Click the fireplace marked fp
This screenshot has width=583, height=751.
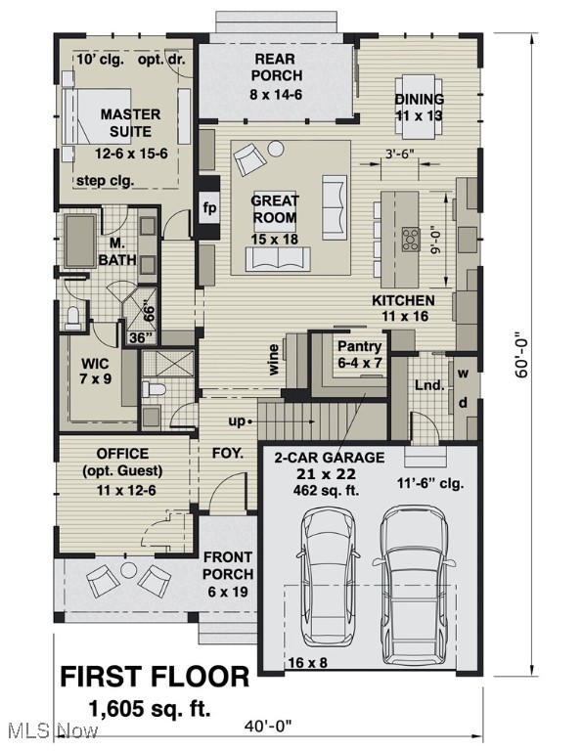pyautogui.click(x=209, y=208)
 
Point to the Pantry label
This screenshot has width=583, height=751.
pyautogui.click(x=360, y=346)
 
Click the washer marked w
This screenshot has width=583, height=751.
pyautogui.click(x=463, y=373)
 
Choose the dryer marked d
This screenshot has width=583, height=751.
pyautogui.click(x=463, y=403)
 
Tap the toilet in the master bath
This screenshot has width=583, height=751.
pyautogui.click(x=73, y=318)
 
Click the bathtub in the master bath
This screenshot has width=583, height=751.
pyautogui.click(x=80, y=242)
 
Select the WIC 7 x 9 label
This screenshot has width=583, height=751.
pyautogui.click(x=96, y=371)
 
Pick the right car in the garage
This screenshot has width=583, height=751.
pyautogui.click(x=415, y=586)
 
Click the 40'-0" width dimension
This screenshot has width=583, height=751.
pyautogui.click(x=267, y=728)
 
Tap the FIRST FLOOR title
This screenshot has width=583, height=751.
pyautogui.click(x=155, y=678)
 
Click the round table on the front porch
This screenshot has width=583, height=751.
pyautogui.click(x=128, y=570)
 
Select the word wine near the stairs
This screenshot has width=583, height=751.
pyautogui.click(x=274, y=360)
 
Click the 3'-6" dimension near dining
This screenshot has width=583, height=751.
pyautogui.click(x=399, y=154)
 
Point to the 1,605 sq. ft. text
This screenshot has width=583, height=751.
pyautogui.click(x=150, y=708)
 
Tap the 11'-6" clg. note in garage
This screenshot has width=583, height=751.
pyautogui.click(x=430, y=483)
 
